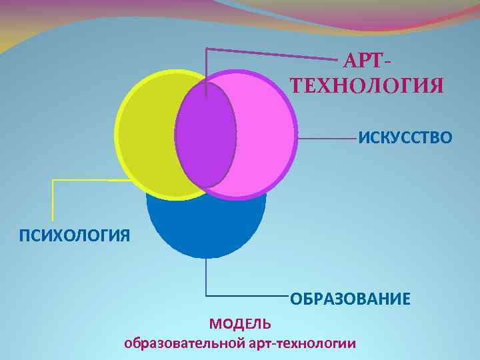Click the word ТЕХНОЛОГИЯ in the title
(x=367, y=86)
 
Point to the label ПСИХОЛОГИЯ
(x=65, y=235)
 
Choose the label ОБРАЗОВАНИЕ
(x=350, y=298)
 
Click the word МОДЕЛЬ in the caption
(x=240, y=324)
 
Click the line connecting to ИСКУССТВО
(x=327, y=139)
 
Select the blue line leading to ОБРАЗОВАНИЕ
(x=247, y=295)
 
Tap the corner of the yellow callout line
(x=53, y=181)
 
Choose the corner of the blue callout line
(x=206, y=295)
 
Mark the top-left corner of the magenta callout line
(x=207, y=49)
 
